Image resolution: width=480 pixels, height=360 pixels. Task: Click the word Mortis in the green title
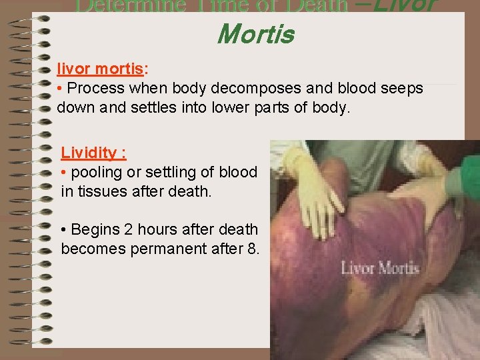[255, 34]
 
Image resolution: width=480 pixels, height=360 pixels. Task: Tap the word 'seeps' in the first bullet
[403, 88]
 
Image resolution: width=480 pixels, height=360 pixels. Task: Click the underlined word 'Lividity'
[89, 152]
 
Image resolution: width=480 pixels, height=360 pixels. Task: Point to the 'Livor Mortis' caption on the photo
[380, 269]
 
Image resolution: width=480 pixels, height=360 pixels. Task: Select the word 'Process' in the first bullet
[94, 88]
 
